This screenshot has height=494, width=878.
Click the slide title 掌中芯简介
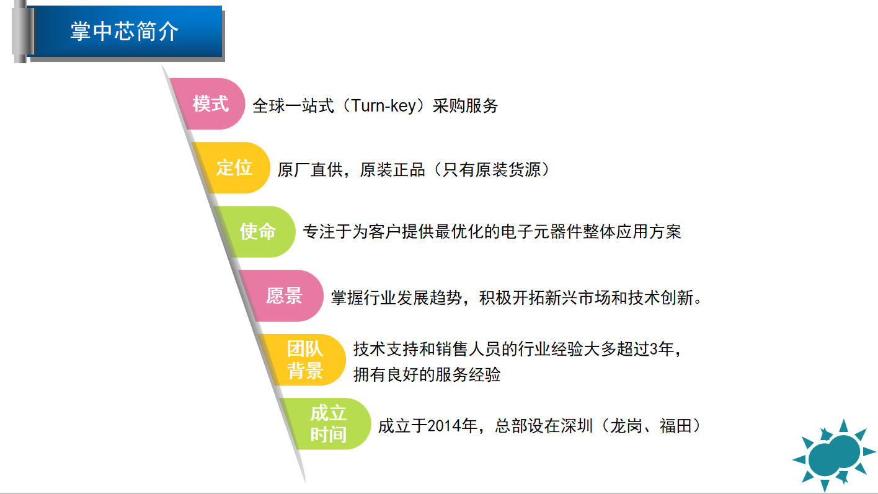(124, 32)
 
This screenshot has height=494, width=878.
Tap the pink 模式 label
(210, 104)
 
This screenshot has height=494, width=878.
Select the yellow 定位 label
(234, 168)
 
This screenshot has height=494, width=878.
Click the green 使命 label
(257, 232)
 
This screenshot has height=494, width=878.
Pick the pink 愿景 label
(284, 296)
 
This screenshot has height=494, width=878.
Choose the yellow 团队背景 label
(305, 359)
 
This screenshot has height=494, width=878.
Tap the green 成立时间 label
(329, 424)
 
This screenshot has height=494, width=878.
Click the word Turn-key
(383, 106)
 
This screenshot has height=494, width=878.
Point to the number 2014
(444, 426)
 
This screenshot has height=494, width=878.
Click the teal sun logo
(834, 455)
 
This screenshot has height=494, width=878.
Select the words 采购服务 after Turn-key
(465, 106)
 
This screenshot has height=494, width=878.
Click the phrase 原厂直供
(310, 170)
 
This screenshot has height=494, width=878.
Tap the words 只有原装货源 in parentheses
(492, 170)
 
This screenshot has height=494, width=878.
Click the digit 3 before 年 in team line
(654, 349)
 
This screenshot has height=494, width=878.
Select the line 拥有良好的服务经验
(427, 374)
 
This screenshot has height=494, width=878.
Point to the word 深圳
(577, 426)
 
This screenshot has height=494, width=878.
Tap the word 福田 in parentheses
(676, 426)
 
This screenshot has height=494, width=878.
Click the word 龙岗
(626, 426)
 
